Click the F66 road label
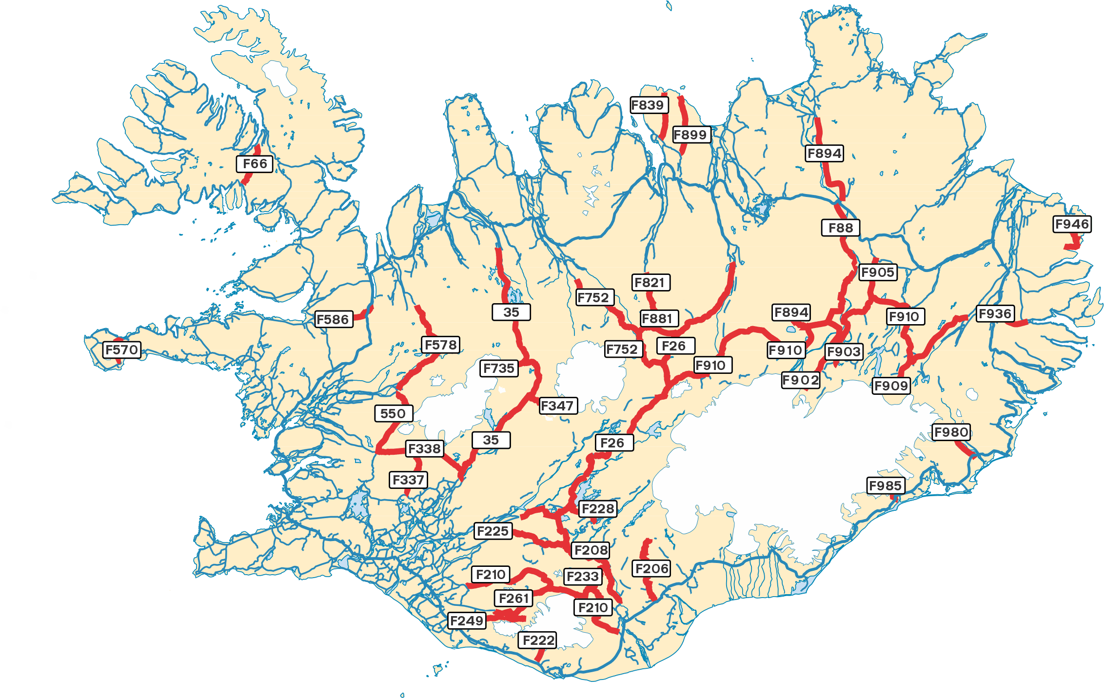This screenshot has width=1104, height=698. point(255,164)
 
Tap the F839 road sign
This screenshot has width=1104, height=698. point(649,105)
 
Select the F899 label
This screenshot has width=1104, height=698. point(691,135)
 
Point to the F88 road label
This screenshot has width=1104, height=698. point(840,228)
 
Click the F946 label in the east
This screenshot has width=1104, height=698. point(1072,224)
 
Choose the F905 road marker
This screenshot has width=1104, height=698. point(878,272)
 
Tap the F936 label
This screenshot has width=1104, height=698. point(995,313)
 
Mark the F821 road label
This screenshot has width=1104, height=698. point(651,282)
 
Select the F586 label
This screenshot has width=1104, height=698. point(334,319)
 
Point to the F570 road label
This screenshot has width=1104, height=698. point(122,349)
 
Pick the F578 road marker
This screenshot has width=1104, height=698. point(441,345)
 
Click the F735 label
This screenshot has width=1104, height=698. point(498,368)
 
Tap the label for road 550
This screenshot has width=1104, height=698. point(393,413)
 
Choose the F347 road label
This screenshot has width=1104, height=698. point(558,406)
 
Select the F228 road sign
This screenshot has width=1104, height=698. point(598,509)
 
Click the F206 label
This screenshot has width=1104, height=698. point(652,568)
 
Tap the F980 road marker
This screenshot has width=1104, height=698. point(951,432)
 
